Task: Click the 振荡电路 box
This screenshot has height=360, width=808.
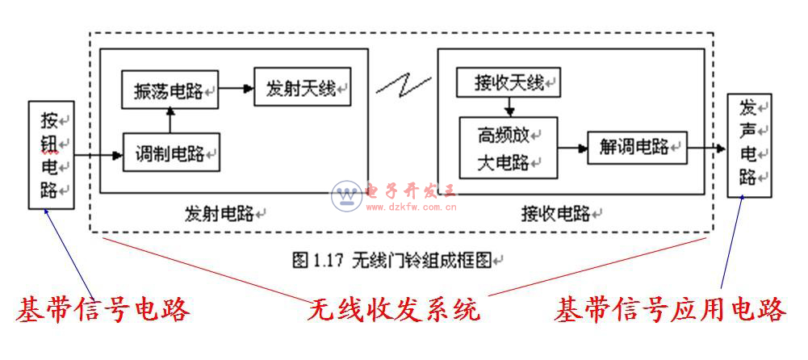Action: pos(170,90)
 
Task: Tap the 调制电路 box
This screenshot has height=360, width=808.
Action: pos(171,152)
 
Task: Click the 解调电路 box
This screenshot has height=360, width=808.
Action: pos(638,148)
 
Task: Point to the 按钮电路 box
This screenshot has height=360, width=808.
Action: pos(51,155)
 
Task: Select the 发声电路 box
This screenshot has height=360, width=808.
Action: pos(748,145)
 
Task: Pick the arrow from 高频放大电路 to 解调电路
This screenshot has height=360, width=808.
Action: pos(568,148)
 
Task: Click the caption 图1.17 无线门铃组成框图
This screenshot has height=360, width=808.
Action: pos(396,259)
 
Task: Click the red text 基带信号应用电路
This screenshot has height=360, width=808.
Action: pos(669,309)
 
